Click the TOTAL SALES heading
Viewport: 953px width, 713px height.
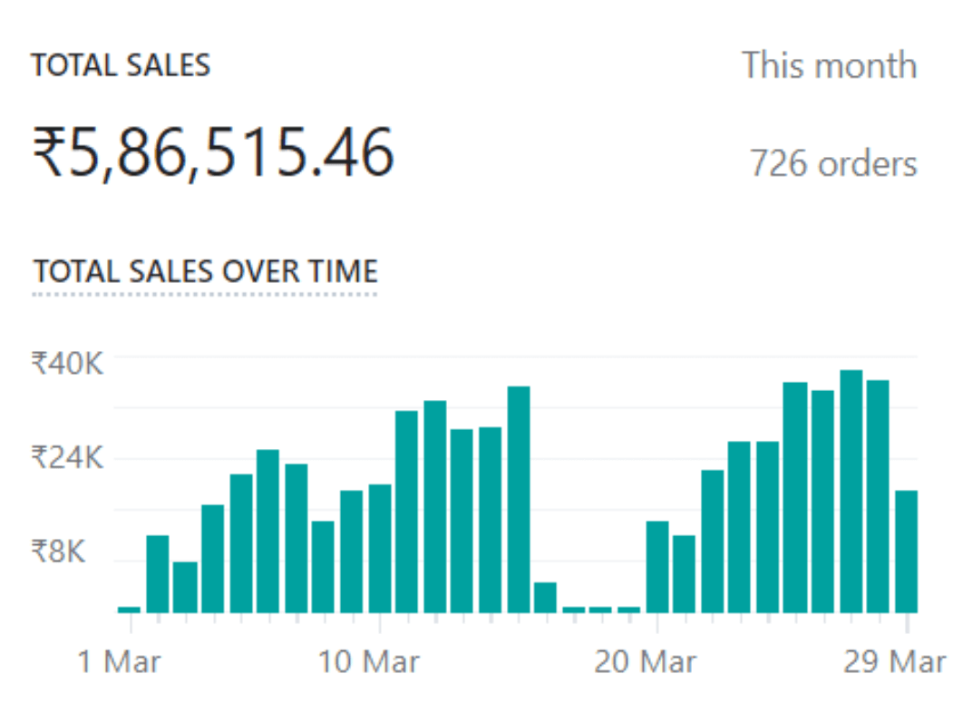121,66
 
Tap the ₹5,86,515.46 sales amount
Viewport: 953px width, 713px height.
213,152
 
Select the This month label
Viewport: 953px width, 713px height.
829,66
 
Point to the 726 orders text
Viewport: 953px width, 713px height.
832,164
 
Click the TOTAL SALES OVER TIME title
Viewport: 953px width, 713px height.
205,271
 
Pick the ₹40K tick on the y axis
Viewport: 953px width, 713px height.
68,364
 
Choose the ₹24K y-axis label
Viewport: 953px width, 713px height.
68,457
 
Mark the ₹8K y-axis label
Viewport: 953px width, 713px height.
59,551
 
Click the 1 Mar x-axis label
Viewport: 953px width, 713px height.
119,661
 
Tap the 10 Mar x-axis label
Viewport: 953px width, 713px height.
369,661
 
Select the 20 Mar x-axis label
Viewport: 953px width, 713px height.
645,661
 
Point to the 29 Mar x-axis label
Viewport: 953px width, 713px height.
894,661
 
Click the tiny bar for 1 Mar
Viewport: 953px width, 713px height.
130,610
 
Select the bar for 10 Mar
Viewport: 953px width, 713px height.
379,549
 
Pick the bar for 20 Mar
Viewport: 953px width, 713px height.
657,567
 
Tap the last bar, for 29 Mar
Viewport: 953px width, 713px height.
906,552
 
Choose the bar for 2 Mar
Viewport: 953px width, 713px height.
158,574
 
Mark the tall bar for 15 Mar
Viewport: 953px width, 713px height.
519,500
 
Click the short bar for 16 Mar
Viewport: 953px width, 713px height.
545,598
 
